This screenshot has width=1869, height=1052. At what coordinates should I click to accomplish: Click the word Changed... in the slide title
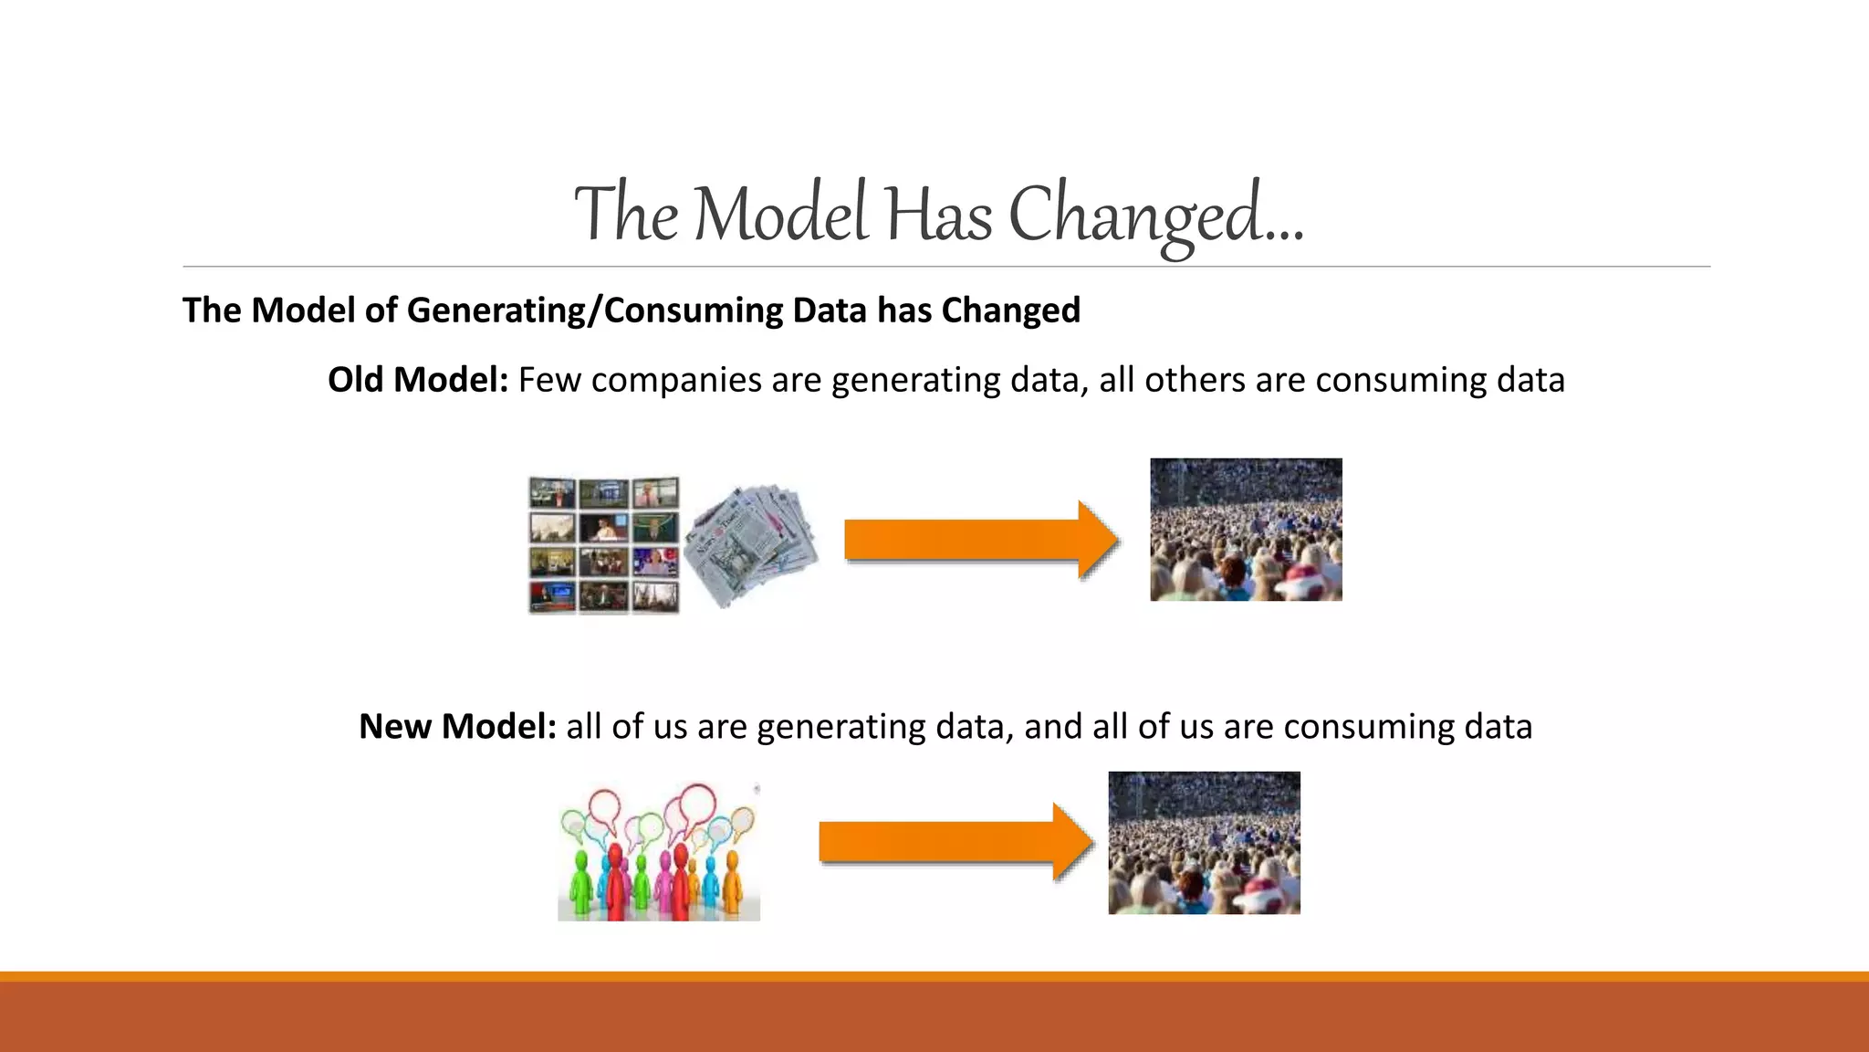pyautogui.click(x=1155, y=216)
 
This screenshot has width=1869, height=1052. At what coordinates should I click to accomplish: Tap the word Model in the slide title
pyautogui.click(x=781, y=216)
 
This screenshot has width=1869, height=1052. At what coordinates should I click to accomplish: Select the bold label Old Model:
pyautogui.click(x=418, y=380)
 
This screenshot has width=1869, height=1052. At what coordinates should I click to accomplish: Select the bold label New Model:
pyautogui.click(x=457, y=727)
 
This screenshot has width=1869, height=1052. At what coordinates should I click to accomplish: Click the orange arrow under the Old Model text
pyautogui.click(x=980, y=540)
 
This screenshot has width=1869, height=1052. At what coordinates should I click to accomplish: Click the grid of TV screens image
pyautogui.click(x=603, y=545)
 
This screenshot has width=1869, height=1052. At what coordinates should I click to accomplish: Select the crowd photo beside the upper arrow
pyautogui.click(x=1246, y=530)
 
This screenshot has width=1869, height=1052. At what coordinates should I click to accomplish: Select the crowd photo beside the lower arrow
pyautogui.click(x=1204, y=843)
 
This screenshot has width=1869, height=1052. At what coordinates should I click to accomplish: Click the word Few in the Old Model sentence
pyautogui.click(x=549, y=381)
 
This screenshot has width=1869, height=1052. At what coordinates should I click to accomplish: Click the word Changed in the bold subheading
pyautogui.click(x=1011, y=310)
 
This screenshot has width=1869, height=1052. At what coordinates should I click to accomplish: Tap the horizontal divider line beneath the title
pyautogui.click(x=945, y=267)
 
